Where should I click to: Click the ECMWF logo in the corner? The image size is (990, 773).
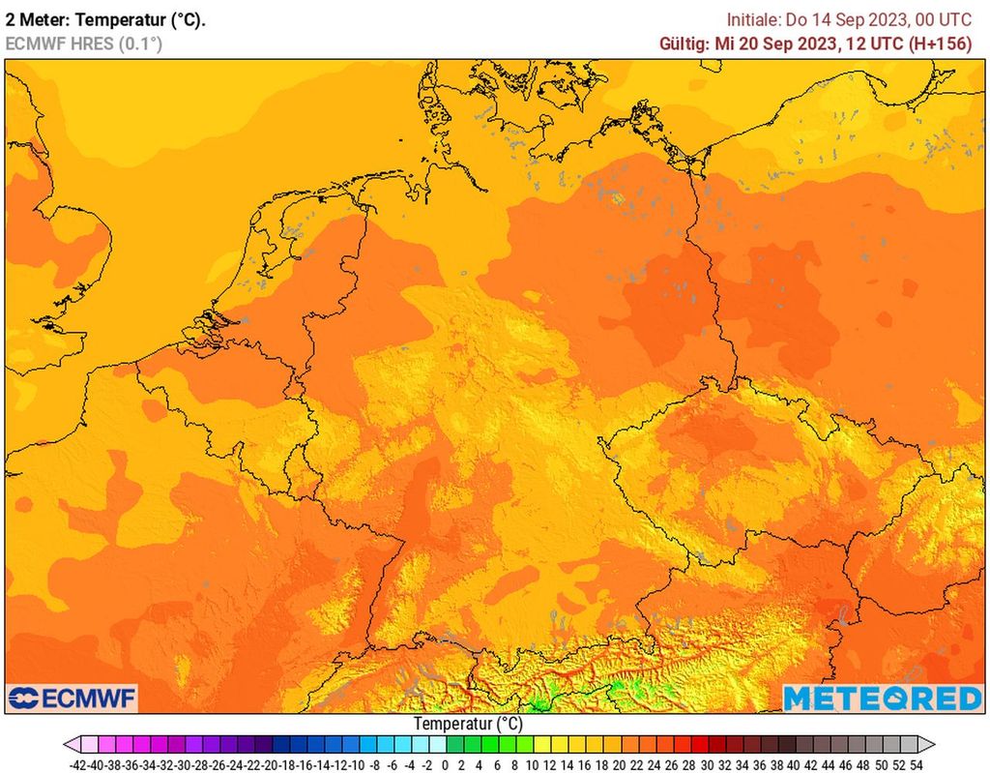coord(73,698)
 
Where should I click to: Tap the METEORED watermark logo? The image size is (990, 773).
coord(881,698)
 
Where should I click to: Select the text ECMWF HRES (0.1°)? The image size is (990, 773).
coord(84,44)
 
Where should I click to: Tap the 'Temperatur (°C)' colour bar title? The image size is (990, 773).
coord(468,724)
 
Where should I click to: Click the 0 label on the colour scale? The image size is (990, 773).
coord(445,763)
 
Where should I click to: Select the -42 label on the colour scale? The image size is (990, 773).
coord(80,763)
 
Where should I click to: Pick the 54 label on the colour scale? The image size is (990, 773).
coord(916,763)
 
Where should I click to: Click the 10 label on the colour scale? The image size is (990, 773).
coord(532,763)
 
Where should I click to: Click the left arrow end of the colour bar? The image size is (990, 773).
coord(71,744)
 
